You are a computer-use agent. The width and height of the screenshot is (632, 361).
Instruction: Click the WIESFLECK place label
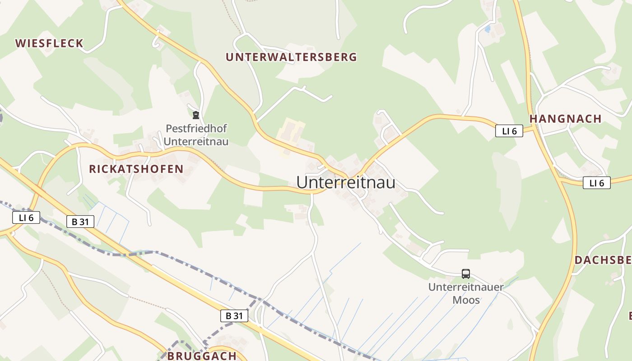(49, 43)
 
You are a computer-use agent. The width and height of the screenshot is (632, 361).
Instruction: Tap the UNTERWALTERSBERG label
(291, 57)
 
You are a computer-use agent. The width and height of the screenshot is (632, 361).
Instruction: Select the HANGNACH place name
(565, 119)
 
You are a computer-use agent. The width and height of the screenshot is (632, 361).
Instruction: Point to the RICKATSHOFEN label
(136, 169)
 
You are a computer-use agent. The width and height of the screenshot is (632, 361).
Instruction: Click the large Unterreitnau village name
(346, 182)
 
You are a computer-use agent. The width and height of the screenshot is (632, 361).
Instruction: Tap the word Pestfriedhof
(196, 129)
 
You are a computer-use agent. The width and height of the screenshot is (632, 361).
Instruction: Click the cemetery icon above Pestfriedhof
(196, 115)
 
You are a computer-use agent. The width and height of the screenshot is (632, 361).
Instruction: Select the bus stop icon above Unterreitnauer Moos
(465, 273)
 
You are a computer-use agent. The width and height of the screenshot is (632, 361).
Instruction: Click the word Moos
(466, 300)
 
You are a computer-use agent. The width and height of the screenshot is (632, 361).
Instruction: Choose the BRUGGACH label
(202, 356)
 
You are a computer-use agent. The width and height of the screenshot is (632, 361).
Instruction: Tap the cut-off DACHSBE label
(603, 260)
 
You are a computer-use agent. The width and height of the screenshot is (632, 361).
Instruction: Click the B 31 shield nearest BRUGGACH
(234, 316)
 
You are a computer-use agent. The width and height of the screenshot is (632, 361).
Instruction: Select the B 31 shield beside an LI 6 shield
(80, 222)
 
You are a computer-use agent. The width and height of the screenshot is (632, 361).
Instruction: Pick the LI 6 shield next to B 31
(26, 218)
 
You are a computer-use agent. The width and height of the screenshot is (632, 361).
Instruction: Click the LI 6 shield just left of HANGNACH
(509, 131)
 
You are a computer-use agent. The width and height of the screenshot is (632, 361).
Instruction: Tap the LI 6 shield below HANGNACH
(596, 183)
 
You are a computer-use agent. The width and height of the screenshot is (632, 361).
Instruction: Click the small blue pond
(487, 29)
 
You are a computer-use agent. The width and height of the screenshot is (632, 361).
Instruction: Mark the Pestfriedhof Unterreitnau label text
(196, 135)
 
